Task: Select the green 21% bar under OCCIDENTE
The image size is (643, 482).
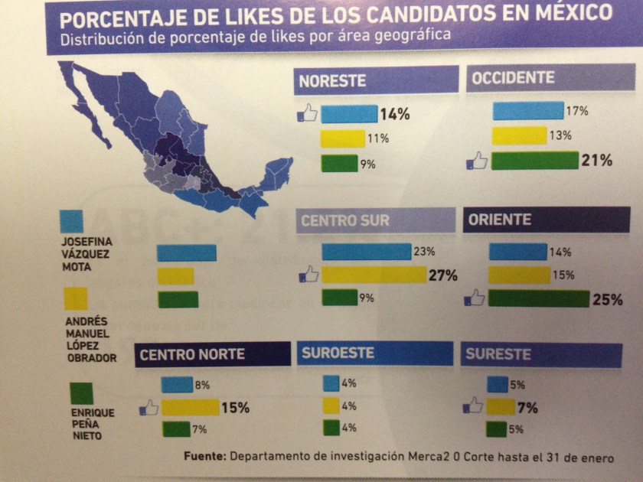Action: [x=534, y=161]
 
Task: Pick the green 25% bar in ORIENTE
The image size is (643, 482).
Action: [x=539, y=299]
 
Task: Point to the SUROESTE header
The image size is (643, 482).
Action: [x=338, y=353]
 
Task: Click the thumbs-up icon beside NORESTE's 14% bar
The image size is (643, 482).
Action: [x=308, y=116]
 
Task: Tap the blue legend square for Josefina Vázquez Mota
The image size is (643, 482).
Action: [x=72, y=221]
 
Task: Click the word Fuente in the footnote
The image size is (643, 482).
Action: [x=205, y=457]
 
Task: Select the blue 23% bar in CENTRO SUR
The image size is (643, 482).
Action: [x=367, y=252]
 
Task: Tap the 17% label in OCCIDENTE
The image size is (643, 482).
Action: [x=578, y=112]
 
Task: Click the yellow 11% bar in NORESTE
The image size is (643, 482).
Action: [x=343, y=138]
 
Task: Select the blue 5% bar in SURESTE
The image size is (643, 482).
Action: [x=498, y=385]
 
